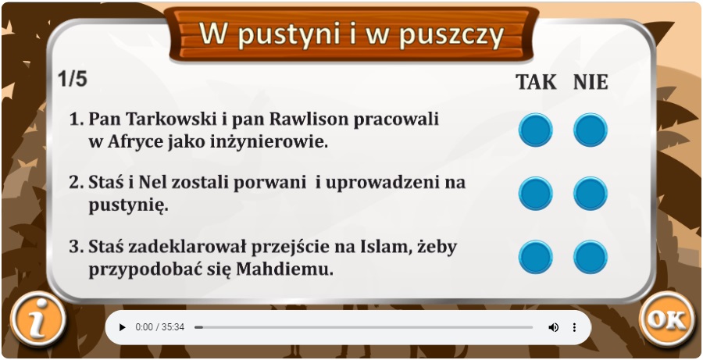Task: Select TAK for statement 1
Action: point(535,130)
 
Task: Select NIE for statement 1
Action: point(591,130)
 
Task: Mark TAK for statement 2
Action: point(535,194)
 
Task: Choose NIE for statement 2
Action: point(591,194)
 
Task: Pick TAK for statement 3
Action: point(535,257)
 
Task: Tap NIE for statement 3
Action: point(591,257)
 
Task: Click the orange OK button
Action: point(668,319)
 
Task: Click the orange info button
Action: point(38,319)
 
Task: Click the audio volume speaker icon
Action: point(553,327)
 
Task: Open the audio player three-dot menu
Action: point(574,327)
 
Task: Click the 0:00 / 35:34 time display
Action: point(160,327)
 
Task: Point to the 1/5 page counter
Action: point(72,80)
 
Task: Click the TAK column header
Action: point(536,82)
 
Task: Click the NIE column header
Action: point(591,82)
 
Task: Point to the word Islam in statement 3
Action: point(386,247)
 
